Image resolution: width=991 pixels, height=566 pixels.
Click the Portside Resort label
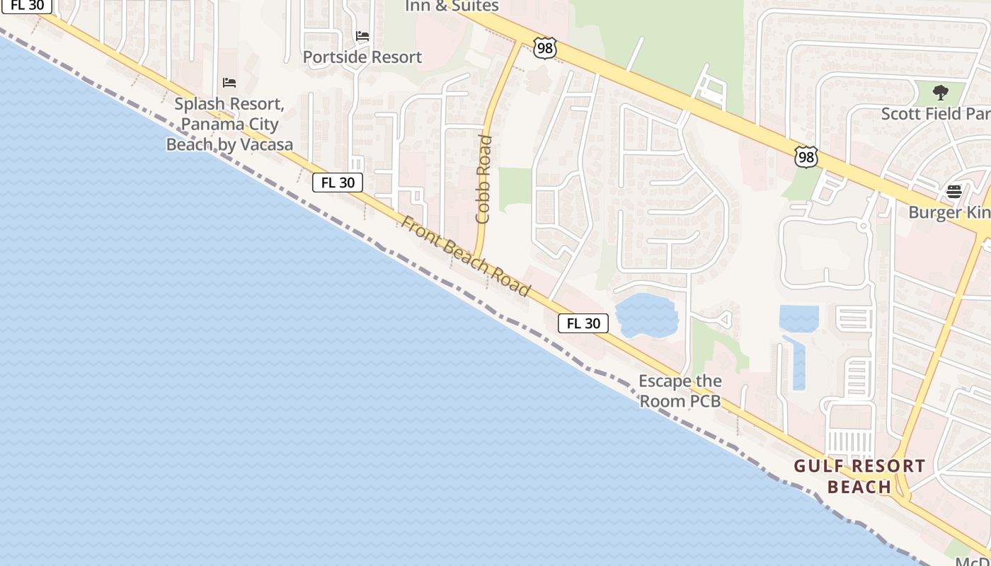(x=362, y=57)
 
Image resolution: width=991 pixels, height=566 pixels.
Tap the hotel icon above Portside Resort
(x=362, y=35)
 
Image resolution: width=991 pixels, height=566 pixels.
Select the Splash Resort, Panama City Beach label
(x=229, y=124)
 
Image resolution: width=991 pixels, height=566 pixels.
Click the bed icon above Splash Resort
(x=229, y=83)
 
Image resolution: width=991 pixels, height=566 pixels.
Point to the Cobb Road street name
(x=484, y=179)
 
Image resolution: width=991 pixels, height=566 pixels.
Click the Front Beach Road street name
(x=465, y=256)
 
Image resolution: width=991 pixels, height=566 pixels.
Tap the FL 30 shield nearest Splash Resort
(x=338, y=183)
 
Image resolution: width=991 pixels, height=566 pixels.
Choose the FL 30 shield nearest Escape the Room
(x=583, y=323)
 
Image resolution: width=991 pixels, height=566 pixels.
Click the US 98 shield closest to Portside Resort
(x=545, y=48)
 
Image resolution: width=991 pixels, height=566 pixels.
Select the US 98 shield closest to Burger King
(x=806, y=156)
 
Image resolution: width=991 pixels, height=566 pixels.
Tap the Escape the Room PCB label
(x=680, y=391)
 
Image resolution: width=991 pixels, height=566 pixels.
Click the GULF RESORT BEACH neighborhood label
(x=859, y=476)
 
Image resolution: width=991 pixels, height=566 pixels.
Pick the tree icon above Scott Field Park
(x=940, y=92)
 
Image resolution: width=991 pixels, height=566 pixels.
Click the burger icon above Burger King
(x=953, y=191)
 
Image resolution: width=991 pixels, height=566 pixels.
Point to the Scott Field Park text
(x=934, y=114)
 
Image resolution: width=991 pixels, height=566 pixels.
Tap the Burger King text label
(x=949, y=212)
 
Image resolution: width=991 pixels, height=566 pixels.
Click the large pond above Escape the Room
(x=646, y=316)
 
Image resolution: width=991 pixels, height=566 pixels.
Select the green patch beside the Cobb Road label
(x=515, y=190)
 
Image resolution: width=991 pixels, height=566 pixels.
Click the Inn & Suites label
(x=452, y=6)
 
